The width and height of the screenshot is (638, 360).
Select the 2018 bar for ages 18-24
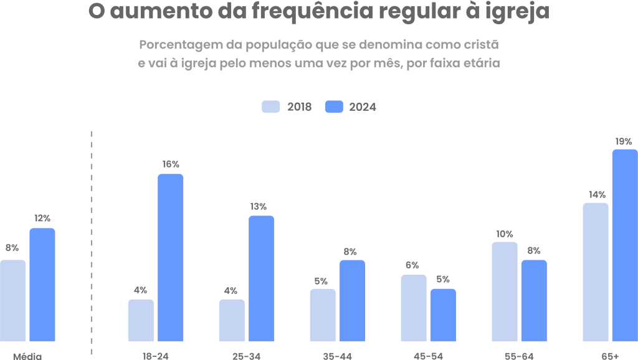(141, 320)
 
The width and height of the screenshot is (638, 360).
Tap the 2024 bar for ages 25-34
(262, 278)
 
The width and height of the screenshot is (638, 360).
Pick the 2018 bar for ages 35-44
(323, 315)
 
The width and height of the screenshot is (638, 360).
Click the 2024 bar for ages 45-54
(443, 315)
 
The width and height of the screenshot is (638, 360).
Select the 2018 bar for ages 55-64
(505, 291)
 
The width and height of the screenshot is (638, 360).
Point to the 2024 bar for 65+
(624, 245)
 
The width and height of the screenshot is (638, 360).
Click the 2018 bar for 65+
(596, 272)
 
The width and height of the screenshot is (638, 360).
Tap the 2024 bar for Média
(42, 285)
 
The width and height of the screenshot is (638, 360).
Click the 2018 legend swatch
(271, 107)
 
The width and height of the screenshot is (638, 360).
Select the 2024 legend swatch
(335, 107)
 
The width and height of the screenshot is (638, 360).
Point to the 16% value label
(171, 164)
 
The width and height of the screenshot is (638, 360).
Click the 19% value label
(624, 141)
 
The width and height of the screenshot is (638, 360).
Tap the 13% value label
(259, 206)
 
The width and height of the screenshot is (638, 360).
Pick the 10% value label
(505, 234)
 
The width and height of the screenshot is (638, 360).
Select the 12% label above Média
(42, 219)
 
